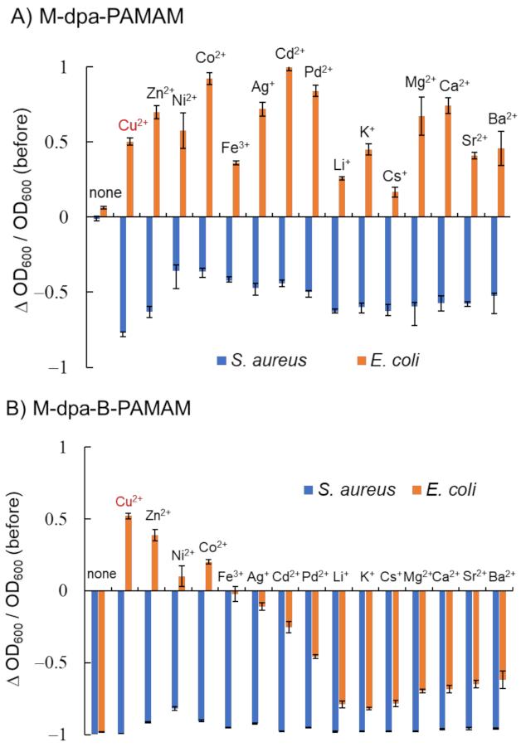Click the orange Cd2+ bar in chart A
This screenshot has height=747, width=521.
click(x=289, y=143)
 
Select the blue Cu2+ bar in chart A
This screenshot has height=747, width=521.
click(x=123, y=274)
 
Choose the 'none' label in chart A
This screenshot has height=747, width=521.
click(x=105, y=193)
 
